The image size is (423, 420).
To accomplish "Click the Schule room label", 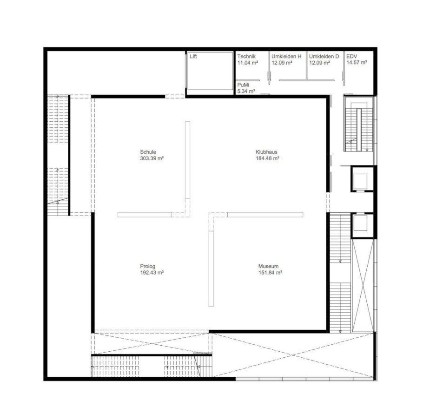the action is click(148, 152).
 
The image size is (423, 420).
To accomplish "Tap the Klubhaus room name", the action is click(266, 152).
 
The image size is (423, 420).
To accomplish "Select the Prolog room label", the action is click(147, 266).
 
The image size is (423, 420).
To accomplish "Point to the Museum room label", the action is click(268, 266).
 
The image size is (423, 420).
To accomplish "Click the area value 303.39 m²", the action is click(152, 158).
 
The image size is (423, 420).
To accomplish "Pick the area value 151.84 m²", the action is click(271, 273).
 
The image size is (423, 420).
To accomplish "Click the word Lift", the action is click(193, 56).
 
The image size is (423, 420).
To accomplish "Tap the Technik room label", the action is click(246, 56).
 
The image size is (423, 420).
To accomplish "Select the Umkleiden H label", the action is click(286, 56).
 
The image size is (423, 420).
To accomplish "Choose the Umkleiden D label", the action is click(324, 56).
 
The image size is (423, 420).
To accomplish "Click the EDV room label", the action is click(351, 56).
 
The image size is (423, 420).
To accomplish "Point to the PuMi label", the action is click(243, 85).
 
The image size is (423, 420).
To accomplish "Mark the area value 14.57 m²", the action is click(357, 63).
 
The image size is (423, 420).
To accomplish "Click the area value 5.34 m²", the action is click(246, 91).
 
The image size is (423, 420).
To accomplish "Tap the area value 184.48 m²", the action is click(267, 158).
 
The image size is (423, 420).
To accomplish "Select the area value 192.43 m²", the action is click(152, 273).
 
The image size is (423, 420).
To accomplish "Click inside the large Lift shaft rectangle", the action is click(210, 71).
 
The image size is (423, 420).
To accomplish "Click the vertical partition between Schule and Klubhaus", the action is click(187, 160).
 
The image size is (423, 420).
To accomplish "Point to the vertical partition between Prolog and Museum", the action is click(211, 269).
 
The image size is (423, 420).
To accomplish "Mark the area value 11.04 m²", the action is click(248, 63).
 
